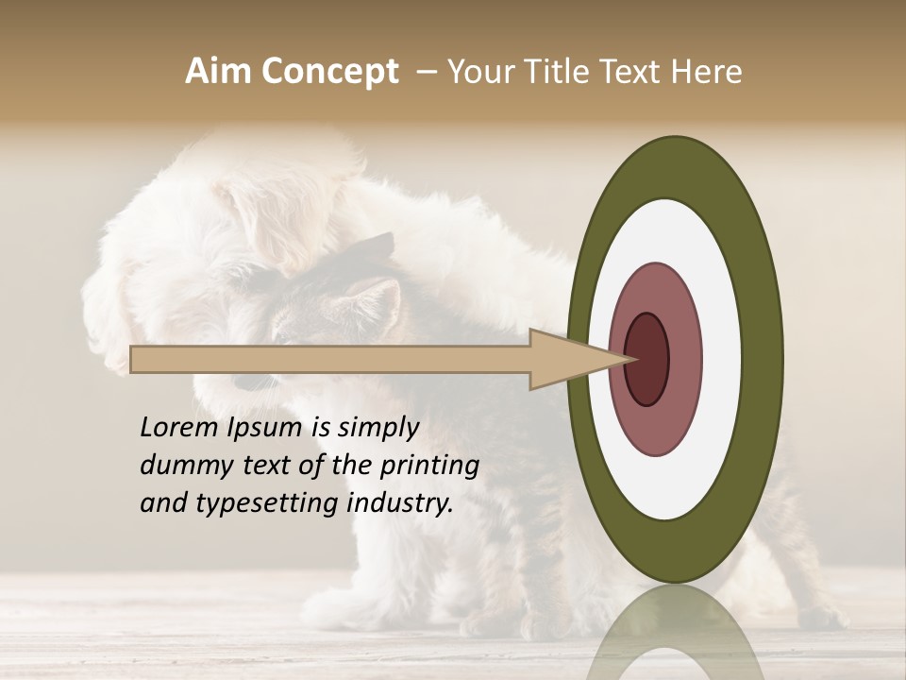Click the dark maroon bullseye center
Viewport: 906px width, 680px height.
coord(647,359)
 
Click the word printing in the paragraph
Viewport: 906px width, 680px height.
coord(429,467)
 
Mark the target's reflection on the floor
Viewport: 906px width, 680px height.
coord(675,633)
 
